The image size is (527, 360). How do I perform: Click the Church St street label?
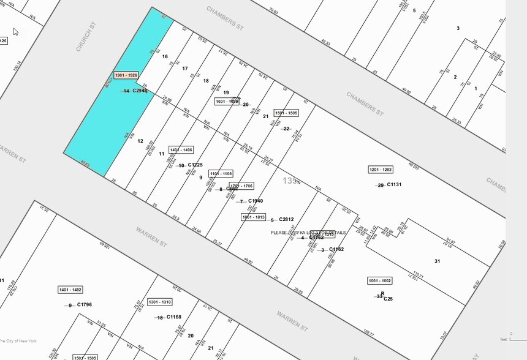87,36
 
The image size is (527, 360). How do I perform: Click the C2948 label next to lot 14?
140,91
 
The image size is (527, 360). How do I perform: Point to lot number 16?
165,57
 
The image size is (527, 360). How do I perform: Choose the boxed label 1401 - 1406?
181,150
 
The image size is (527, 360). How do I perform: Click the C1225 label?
195,165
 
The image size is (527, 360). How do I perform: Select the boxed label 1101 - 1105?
221,174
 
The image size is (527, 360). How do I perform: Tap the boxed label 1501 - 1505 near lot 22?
286,113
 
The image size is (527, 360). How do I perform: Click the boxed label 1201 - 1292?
381,170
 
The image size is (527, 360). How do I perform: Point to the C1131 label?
394,185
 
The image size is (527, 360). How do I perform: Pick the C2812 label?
286,220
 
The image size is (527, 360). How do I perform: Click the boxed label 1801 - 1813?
253,217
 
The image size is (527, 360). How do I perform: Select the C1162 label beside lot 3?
336,250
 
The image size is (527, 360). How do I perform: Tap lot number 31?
437,261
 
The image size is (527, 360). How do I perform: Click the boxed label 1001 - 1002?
379,281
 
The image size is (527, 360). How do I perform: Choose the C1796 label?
85,305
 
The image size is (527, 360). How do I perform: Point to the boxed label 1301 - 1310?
159,302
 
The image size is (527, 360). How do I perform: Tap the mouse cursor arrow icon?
16,32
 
